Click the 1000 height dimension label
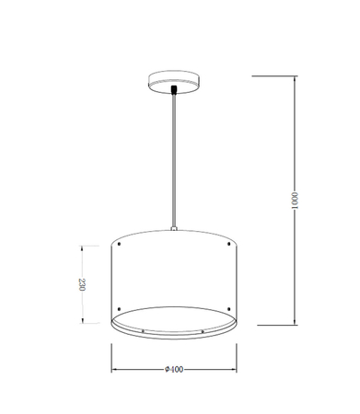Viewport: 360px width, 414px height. pos(295,201)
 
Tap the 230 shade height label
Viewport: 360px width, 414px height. pos(82,284)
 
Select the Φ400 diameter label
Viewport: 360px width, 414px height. pos(174,370)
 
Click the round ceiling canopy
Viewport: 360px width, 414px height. pos(174,80)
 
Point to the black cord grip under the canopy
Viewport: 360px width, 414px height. pos(174,90)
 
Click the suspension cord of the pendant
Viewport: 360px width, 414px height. pos(174,160)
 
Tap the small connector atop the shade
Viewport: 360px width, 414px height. pos(174,228)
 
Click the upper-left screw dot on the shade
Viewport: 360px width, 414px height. pos(119,244)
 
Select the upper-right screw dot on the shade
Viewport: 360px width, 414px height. pos(228,244)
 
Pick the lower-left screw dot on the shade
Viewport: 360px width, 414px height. pos(119,308)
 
